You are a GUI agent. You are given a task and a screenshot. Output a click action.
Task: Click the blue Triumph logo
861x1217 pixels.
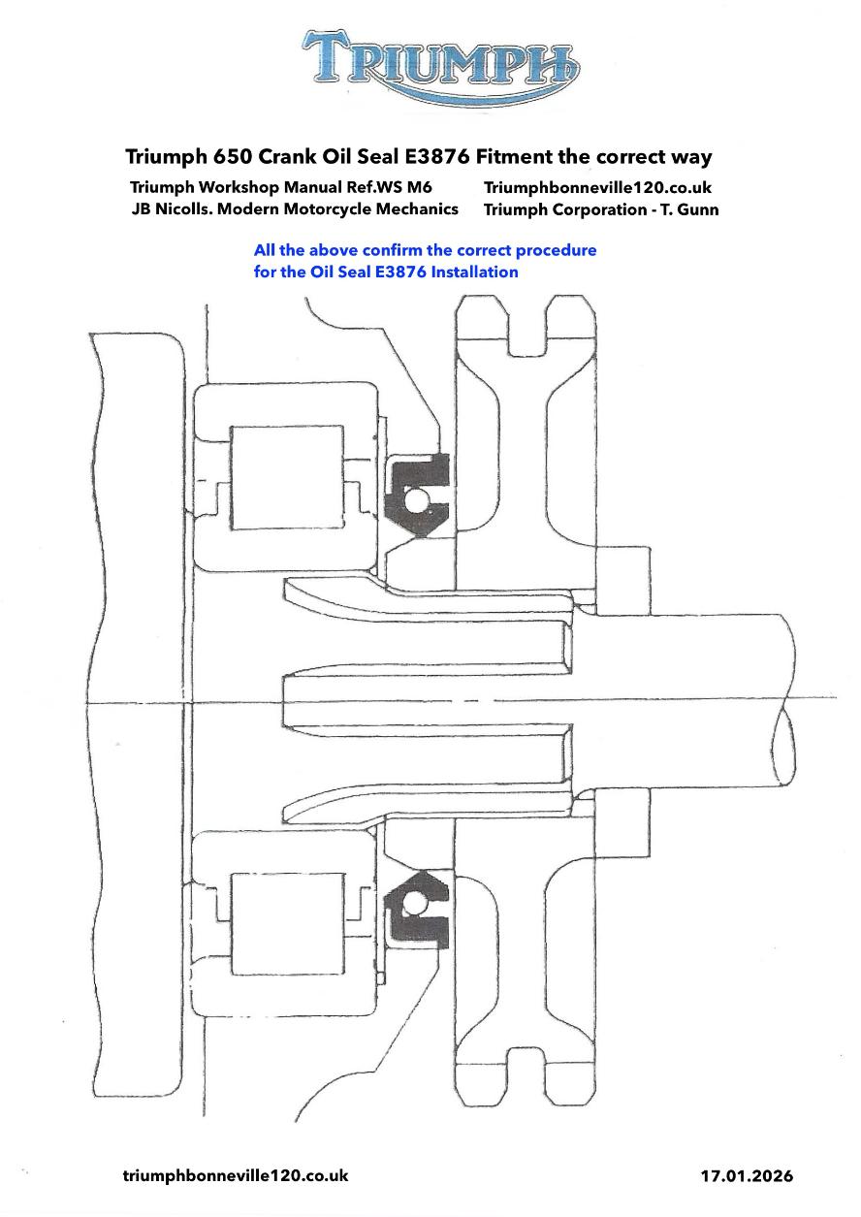441,69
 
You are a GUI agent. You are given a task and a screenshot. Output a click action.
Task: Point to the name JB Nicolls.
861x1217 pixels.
172,209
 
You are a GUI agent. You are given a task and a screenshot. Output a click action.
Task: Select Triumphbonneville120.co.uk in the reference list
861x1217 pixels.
597,187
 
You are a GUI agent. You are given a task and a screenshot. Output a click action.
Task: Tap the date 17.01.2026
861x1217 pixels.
747,1176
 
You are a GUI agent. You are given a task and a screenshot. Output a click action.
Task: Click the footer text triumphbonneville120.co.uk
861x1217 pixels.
236,1175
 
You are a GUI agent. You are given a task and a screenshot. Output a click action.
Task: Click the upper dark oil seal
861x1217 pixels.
417,495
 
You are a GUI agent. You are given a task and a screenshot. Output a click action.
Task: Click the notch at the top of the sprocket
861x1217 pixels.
526,327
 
